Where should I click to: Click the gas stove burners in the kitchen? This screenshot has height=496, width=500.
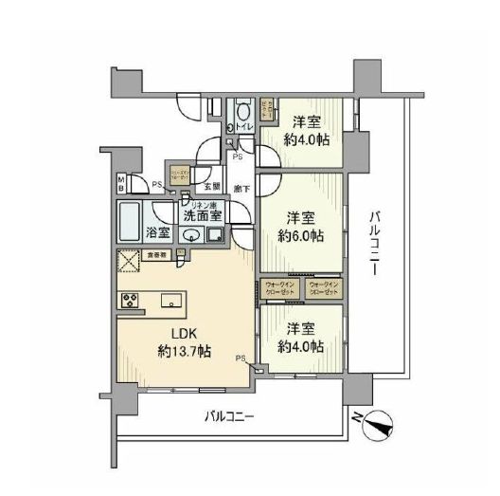129,301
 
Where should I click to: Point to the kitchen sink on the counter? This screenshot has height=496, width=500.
171,301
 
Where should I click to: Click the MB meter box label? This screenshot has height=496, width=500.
120,181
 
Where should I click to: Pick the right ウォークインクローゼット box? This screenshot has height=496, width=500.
324,287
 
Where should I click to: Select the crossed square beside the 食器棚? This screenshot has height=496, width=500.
128,263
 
